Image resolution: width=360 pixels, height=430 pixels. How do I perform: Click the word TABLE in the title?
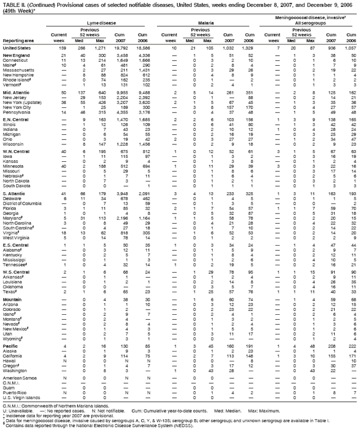tap(11, 4)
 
